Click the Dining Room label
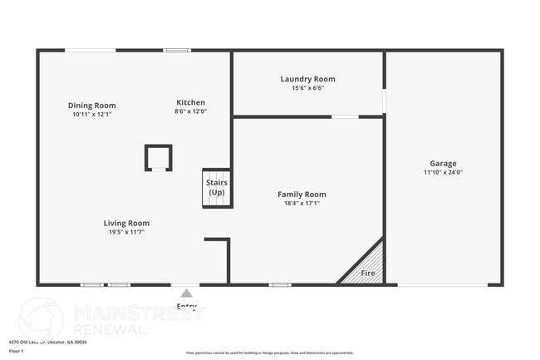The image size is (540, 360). (91, 106)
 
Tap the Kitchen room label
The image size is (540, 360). (190, 102)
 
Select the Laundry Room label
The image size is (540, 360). (307, 79)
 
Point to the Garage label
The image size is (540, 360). (443, 164)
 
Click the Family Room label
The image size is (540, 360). (302, 194)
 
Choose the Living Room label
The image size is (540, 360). (126, 223)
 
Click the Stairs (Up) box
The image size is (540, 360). (217, 188)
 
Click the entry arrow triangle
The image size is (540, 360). (187, 293)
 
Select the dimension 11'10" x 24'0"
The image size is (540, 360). (443, 173)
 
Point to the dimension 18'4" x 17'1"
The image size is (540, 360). (302, 203)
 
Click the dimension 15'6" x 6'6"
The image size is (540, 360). (307, 88)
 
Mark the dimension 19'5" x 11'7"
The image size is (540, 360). (126, 232)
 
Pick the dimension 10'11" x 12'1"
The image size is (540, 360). (91, 115)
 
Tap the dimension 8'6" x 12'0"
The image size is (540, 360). (190, 111)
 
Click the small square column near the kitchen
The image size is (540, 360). (158, 157)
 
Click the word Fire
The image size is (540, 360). (367, 273)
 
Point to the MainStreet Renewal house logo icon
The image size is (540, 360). (41, 318)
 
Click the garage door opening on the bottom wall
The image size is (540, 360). (442, 284)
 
